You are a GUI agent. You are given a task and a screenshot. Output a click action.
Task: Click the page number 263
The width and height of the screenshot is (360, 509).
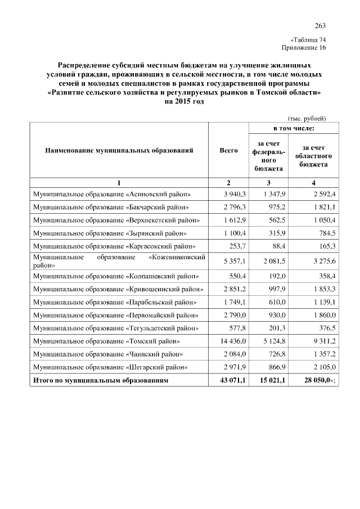tap(320, 26)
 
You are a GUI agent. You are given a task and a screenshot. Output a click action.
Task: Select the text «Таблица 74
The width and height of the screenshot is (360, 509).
tap(308, 40)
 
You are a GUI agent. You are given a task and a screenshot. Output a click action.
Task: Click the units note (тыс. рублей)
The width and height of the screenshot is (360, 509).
tap(307, 118)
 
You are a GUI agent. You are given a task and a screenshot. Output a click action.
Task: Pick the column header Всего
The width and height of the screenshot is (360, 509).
tap(229, 151)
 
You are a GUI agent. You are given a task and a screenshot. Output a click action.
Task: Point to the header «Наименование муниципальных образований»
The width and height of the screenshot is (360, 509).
tap(119, 151)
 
